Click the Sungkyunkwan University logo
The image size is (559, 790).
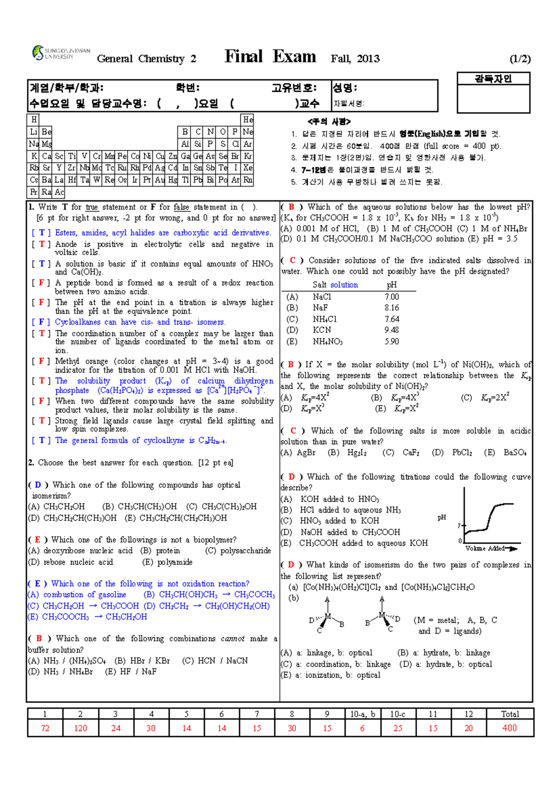[61, 53]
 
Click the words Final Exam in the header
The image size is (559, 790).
[270, 57]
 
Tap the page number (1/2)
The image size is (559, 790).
[520, 59]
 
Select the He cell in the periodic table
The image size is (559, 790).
[248, 120]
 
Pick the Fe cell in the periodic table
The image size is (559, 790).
[122, 156]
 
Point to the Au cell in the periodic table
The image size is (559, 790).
[160, 180]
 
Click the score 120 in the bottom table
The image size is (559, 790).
[80, 728]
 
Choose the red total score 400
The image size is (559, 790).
[509, 728]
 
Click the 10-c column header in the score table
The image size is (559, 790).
[397, 714]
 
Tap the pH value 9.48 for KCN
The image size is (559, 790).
[391, 330]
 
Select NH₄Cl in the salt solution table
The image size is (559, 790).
[325, 319]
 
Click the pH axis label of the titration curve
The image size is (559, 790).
[442, 517]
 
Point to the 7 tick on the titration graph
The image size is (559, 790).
[459, 526]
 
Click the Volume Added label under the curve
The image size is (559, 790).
[485, 548]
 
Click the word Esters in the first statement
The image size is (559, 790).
[65, 233]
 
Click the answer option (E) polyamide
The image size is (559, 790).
[168, 562]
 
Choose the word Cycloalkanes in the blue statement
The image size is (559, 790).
[77, 322]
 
